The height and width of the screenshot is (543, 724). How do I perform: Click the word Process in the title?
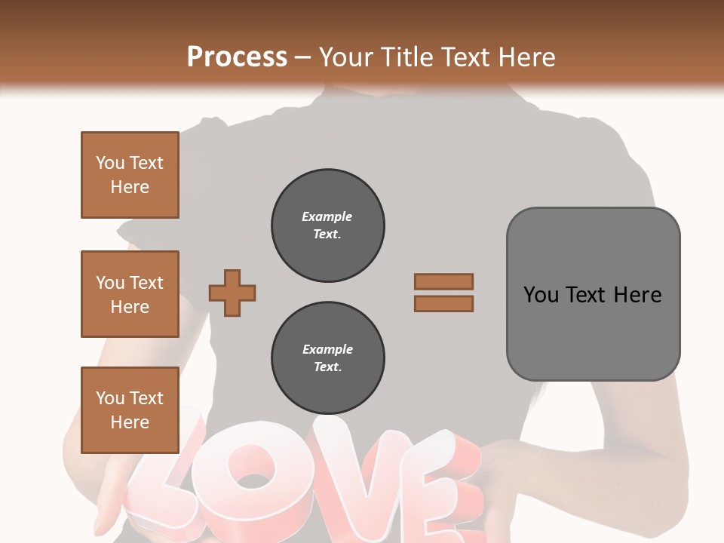[237, 57]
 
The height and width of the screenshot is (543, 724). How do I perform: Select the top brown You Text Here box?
[130, 175]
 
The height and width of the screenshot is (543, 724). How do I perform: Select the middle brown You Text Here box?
[130, 294]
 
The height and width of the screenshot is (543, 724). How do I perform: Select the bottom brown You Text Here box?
[130, 410]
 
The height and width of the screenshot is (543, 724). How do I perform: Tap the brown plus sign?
[232, 292]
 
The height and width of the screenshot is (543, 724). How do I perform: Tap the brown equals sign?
[444, 293]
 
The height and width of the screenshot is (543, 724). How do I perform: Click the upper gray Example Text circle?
[327, 225]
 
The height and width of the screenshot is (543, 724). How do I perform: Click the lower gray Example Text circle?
[327, 358]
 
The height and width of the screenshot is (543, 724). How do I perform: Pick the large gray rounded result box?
[593, 293]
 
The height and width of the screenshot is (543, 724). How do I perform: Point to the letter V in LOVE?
[354, 483]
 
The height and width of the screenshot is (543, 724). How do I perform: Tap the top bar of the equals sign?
[444, 281]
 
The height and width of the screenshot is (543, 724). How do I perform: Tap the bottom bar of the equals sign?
[444, 303]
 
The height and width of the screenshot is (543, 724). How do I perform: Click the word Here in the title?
[524, 57]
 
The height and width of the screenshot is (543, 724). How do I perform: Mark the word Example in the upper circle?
[327, 217]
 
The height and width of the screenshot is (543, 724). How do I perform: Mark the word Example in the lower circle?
[327, 350]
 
